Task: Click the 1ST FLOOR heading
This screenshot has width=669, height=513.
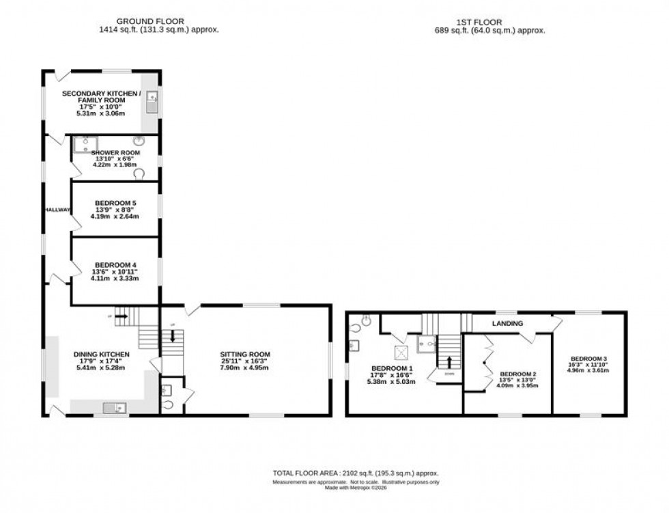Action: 489,21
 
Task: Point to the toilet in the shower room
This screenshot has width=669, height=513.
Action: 140,174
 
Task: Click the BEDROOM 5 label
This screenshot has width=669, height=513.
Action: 115,203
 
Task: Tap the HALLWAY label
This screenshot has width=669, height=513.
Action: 56,210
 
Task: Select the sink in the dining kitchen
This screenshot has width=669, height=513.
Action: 113,408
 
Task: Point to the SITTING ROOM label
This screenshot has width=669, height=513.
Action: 245,354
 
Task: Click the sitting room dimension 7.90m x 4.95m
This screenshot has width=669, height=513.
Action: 245,368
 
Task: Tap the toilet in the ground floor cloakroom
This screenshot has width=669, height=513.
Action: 169,404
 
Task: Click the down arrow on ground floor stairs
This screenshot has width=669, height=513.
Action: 173,335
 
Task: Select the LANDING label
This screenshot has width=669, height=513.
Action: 507,323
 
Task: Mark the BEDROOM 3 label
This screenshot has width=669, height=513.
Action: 589,359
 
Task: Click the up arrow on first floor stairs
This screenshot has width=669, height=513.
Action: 449,361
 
